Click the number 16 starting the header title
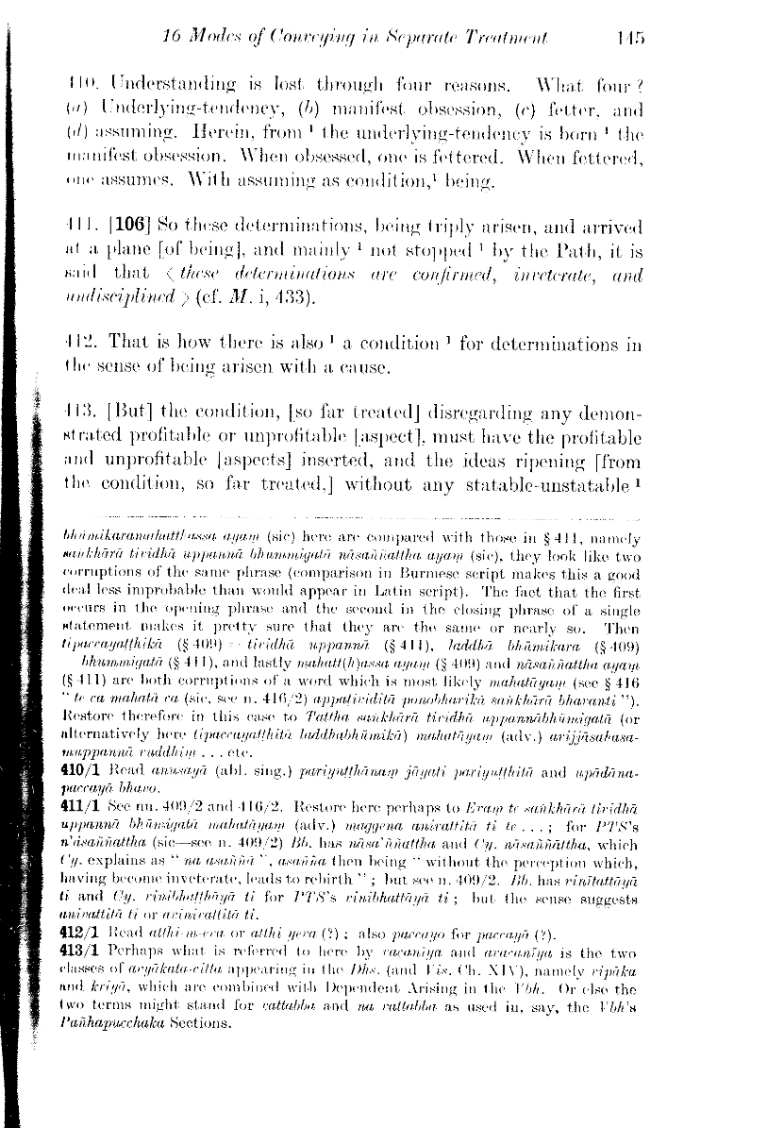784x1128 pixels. pos(173,39)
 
